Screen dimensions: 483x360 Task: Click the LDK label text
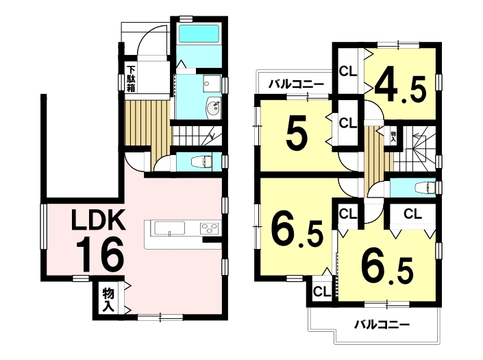(x=99, y=219)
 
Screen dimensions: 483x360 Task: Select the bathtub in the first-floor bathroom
(x=199, y=34)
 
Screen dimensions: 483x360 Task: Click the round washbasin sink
(x=213, y=108)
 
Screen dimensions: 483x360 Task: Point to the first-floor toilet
(x=201, y=162)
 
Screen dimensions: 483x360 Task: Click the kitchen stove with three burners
(x=210, y=229)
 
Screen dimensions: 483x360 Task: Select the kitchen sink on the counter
(x=169, y=229)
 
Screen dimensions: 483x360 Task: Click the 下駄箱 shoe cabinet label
(x=132, y=79)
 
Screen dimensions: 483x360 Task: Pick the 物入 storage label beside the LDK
(x=108, y=300)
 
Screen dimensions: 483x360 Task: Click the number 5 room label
(x=297, y=133)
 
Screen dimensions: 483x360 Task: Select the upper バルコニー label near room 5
(x=296, y=84)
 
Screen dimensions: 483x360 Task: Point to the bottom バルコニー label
(x=382, y=324)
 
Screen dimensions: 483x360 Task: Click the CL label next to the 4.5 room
(x=348, y=71)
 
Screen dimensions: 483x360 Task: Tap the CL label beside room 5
(x=348, y=123)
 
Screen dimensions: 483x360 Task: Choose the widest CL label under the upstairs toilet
(x=412, y=213)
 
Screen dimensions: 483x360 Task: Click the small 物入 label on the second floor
(x=393, y=136)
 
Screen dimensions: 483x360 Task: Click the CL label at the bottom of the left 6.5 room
(x=322, y=291)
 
